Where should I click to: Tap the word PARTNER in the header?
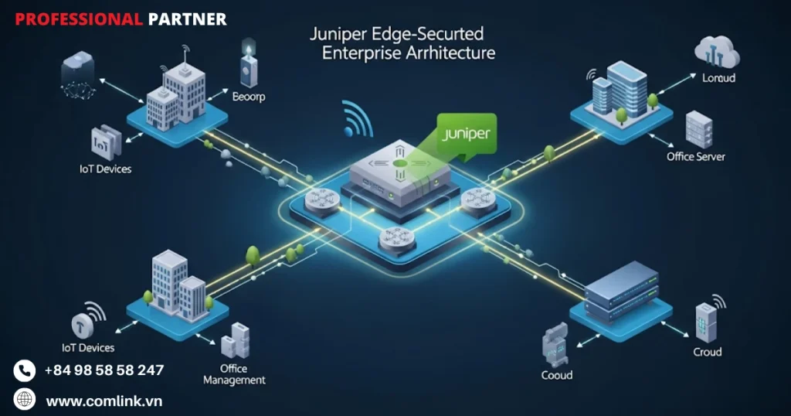pos(187,19)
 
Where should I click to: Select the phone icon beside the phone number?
pos(25,370)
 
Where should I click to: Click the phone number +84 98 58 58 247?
pos(104,370)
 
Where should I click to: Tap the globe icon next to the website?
pos(25,400)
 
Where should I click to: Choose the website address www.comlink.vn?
pos(104,401)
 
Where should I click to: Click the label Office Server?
pos(696,156)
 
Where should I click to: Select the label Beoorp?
pos(249,97)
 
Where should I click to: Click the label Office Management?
pos(233,374)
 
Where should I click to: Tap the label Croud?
pos(707,352)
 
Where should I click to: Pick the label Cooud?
pos(557,375)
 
